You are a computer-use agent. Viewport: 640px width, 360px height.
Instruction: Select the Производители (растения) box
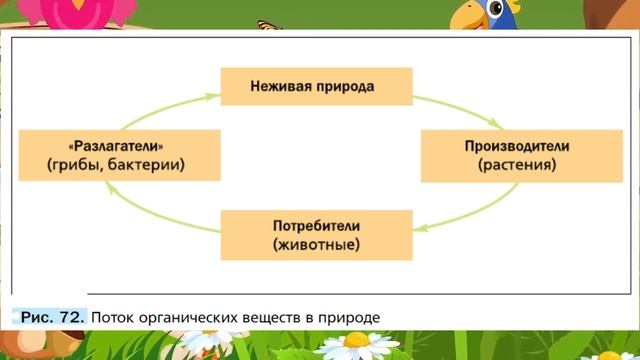(516, 155)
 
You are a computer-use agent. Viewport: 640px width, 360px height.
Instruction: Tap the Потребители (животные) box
(315, 233)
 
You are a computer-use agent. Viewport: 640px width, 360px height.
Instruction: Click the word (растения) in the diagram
(516, 166)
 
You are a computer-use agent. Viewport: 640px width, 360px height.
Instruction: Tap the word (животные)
(315, 244)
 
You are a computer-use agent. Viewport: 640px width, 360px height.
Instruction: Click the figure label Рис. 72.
(52, 317)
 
